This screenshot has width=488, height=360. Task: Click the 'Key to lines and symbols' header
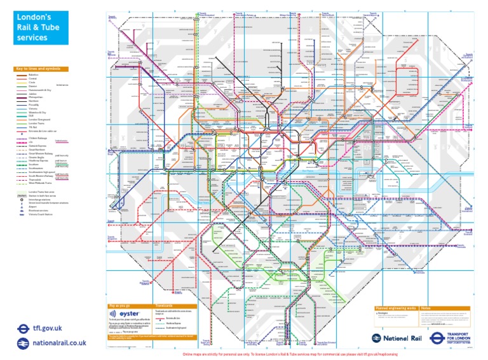41,69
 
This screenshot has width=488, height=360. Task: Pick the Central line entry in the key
33,78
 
